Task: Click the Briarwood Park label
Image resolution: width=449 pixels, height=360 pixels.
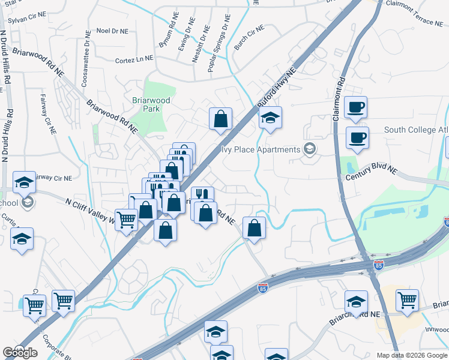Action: click(143, 104)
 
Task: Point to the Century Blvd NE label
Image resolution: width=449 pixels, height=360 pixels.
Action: click(372, 174)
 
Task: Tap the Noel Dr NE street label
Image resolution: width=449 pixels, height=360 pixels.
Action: click(112, 31)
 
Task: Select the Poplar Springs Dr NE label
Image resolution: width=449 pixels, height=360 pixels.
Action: click(217, 49)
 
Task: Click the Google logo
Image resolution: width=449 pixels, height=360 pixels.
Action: click(20, 353)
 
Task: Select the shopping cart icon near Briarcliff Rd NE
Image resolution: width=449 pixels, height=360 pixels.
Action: click(407, 299)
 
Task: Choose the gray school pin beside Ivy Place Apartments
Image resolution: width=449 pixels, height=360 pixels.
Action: click(309, 149)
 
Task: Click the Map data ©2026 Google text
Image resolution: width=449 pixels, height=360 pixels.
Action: click(411, 355)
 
